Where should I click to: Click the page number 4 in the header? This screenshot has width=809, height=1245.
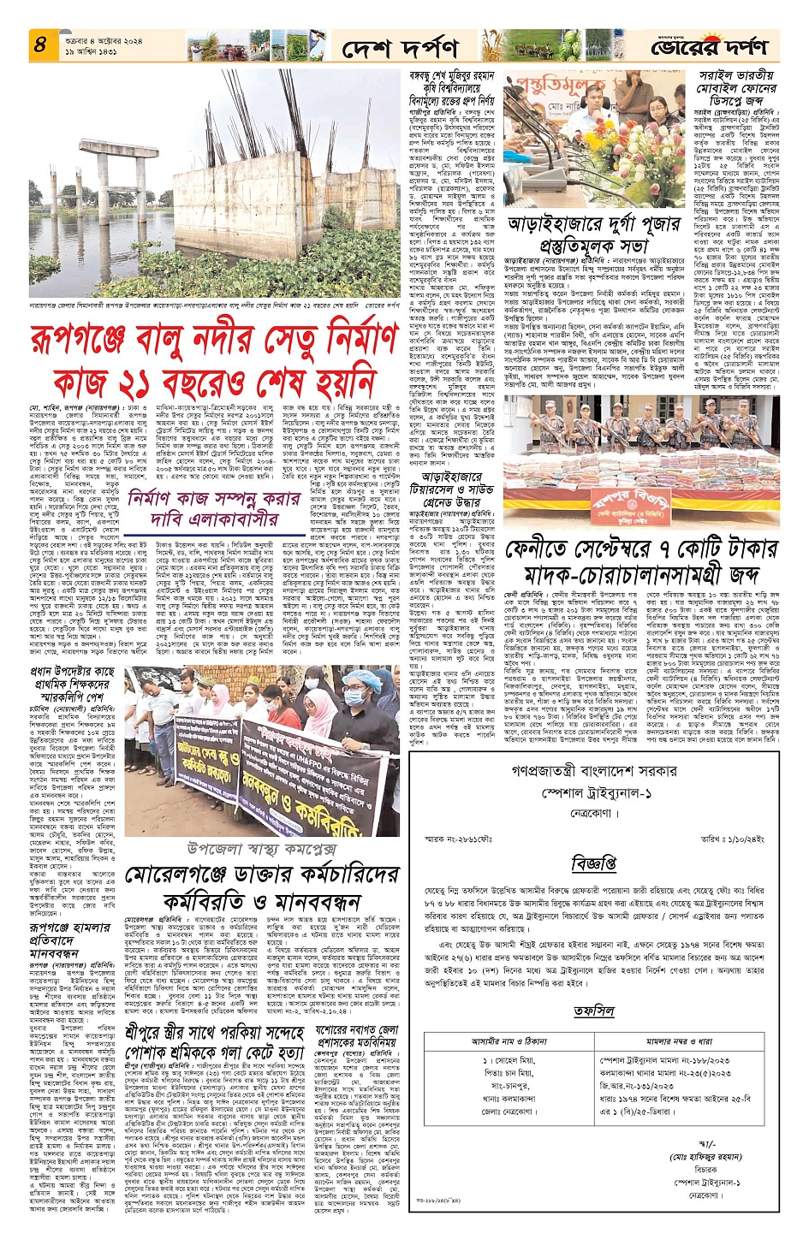(39, 44)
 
